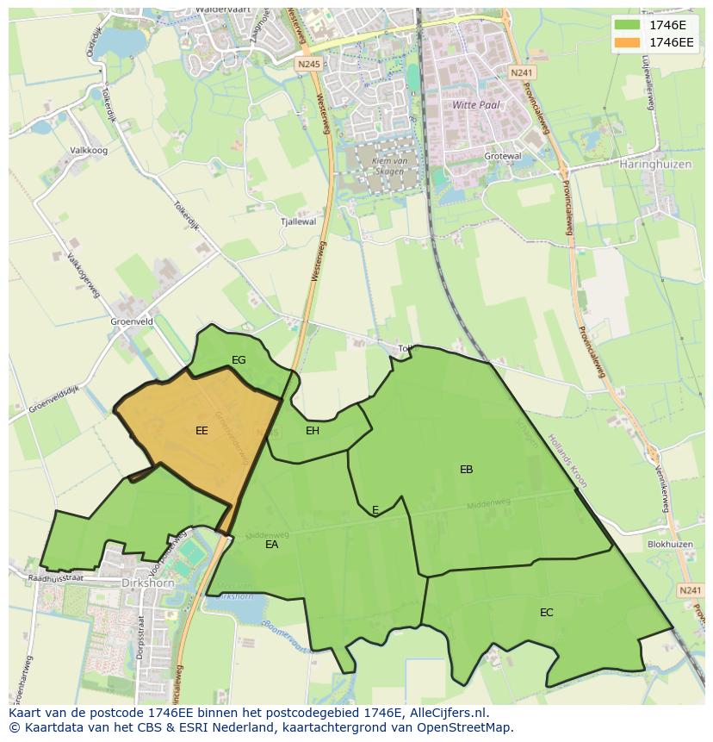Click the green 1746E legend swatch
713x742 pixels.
(628, 24)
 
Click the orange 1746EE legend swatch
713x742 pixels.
(628, 42)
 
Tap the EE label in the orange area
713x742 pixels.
(201, 431)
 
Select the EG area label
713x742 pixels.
(239, 360)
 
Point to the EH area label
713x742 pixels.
(313, 431)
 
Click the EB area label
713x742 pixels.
(466, 470)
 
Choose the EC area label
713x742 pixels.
(546, 613)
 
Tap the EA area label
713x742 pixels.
(271, 545)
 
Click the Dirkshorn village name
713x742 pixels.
(149, 583)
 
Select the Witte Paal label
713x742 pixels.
(476, 104)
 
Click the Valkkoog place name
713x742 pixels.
(89, 150)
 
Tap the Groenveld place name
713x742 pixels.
(132, 321)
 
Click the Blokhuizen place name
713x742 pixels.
(670, 545)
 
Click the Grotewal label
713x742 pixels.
(503, 156)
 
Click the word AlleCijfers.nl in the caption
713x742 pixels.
(449, 713)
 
